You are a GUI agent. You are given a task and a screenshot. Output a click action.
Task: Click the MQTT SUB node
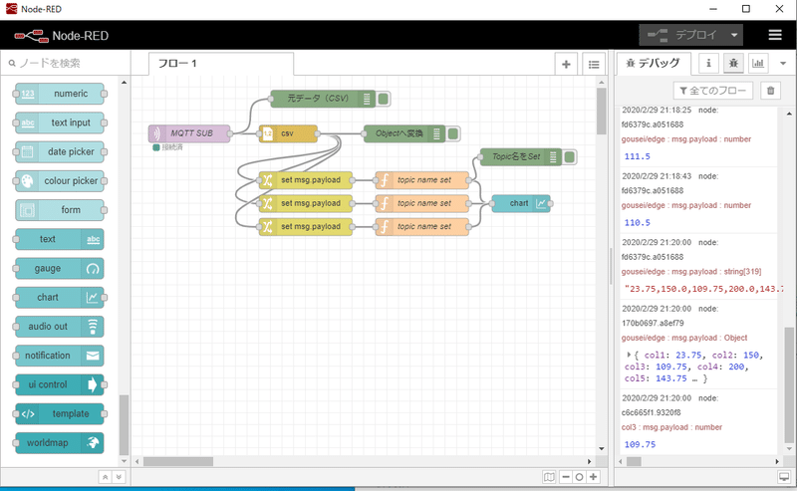click(189, 132)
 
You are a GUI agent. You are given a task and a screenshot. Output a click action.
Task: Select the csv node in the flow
click(287, 132)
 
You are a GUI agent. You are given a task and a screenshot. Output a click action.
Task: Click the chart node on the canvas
click(520, 203)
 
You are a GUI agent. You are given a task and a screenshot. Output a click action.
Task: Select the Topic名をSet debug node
click(516, 156)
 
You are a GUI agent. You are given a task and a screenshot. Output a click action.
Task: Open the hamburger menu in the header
click(774, 35)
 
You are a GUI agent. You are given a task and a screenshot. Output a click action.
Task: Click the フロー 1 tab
click(221, 64)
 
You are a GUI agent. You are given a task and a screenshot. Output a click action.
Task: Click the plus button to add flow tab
click(566, 64)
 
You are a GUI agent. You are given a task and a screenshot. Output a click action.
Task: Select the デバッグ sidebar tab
click(654, 64)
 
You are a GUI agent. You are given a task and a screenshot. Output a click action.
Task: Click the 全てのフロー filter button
click(712, 91)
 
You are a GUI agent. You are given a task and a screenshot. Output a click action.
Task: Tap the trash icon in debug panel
click(769, 91)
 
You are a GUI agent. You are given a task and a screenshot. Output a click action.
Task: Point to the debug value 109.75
click(640, 444)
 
